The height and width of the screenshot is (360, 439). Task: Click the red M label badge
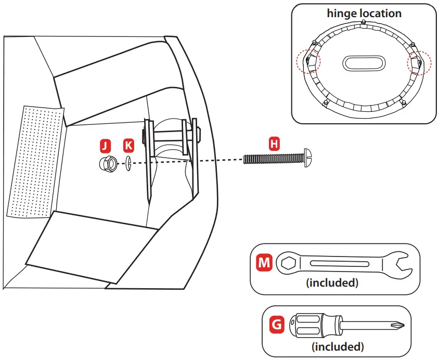click(x=265, y=263)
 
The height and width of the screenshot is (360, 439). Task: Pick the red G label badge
click(x=277, y=325)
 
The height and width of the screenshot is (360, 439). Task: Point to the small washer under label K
click(x=128, y=162)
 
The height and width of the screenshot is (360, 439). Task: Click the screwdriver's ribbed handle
click(x=308, y=326)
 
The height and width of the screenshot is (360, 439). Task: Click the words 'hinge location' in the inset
click(x=364, y=14)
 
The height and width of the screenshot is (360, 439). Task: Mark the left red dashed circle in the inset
click(x=308, y=62)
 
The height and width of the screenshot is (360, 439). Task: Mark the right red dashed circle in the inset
click(x=419, y=62)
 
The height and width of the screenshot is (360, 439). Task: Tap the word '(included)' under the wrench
click(x=332, y=284)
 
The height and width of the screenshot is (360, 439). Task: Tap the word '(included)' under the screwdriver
click(x=338, y=346)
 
